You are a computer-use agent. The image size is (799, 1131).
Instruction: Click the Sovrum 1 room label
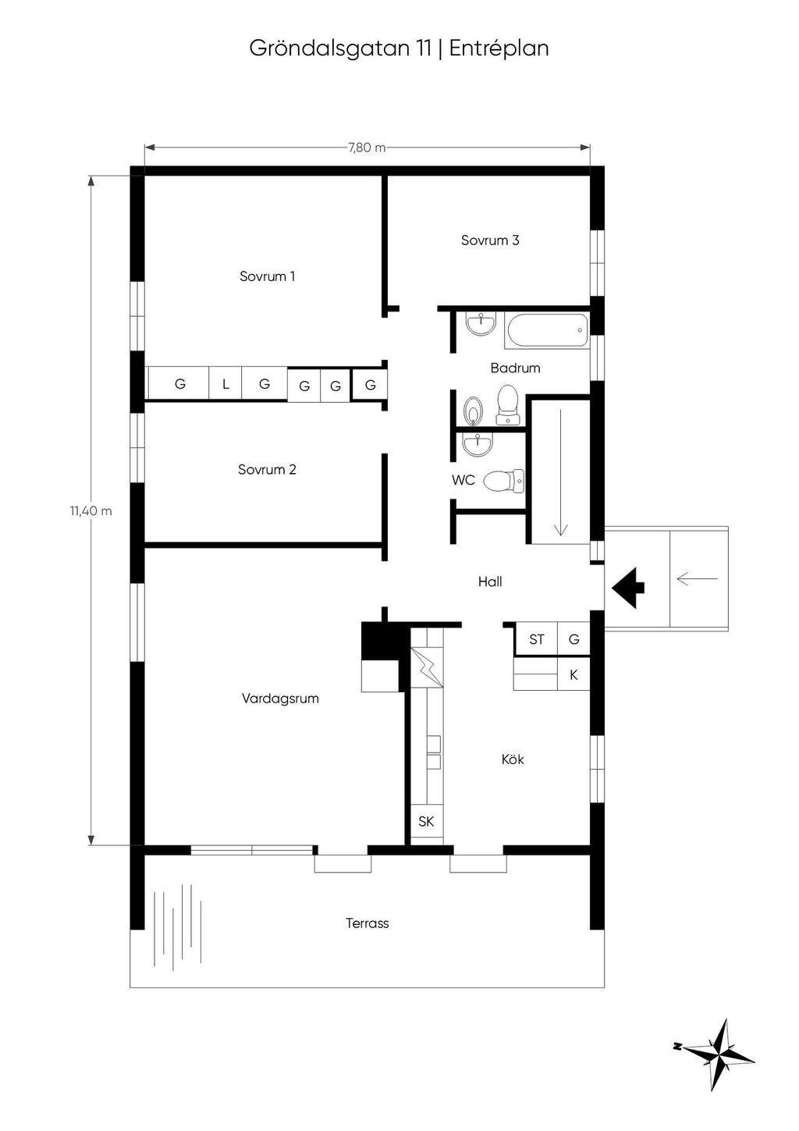267,276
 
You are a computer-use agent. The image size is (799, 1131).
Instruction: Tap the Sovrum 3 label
489,240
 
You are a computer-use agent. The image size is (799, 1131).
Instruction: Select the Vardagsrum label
280,699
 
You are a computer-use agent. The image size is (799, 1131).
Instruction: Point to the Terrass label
367,923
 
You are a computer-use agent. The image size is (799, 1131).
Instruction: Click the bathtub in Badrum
546,331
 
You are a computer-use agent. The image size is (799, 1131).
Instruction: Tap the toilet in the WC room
504,480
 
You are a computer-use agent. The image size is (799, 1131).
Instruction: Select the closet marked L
225,384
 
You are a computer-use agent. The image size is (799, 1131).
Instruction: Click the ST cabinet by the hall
536,640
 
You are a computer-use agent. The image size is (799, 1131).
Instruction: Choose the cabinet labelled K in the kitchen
574,674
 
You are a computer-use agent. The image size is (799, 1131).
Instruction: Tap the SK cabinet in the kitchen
426,821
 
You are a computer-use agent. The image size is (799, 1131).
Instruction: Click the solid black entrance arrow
628,587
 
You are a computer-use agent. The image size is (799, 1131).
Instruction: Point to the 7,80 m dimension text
367,148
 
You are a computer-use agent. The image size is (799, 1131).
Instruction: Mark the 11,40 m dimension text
91,511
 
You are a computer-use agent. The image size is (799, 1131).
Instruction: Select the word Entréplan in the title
499,49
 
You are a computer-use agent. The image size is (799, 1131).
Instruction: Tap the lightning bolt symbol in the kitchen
427,667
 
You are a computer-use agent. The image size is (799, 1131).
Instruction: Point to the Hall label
490,582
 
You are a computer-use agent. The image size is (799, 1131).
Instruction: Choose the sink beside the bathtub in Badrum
481,324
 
